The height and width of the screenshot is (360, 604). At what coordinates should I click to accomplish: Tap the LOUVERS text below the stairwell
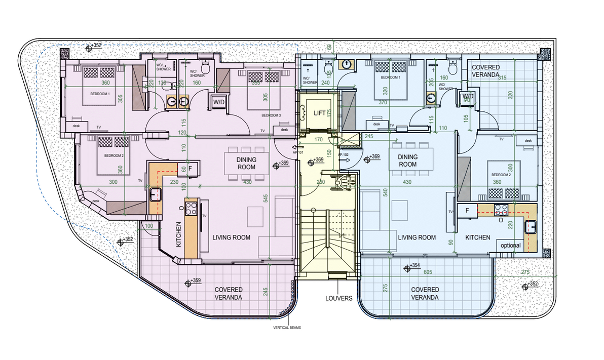pyautogui.click(x=338, y=298)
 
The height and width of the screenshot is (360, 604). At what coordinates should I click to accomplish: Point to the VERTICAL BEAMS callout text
pyautogui.click(x=287, y=328)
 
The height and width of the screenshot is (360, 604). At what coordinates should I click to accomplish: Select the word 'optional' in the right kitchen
pyautogui.click(x=510, y=246)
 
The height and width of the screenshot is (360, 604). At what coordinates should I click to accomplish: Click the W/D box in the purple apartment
pyautogui.click(x=219, y=102)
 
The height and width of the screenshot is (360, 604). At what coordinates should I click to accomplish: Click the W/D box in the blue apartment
pyautogui.click(x=467, y=96)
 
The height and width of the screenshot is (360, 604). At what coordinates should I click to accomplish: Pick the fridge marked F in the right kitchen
pyautogui.click(x=467, y=210)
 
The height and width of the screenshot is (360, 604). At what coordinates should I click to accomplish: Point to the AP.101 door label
pyautogui.click(x=298, y=152)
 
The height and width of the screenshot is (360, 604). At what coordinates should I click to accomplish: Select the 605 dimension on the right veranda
pyautogui.click(x=428, y=272)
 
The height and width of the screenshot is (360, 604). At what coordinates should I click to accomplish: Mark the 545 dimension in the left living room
pyautogui.click(x=266, y=199)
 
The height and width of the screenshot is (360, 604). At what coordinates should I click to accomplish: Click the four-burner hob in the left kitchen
pyautogui.click(x=192, y=208)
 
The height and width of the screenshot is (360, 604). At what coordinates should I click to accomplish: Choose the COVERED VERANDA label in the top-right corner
pyautogui.click(x=486, y=71)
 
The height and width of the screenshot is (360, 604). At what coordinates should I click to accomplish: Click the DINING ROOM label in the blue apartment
pyautogui.click(x=407, y=161)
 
